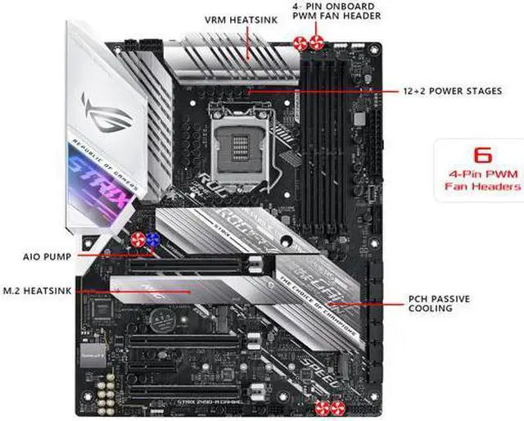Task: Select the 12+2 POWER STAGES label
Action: point(453,91)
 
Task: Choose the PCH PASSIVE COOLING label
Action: point(439,303)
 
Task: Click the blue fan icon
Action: point(153,240)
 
